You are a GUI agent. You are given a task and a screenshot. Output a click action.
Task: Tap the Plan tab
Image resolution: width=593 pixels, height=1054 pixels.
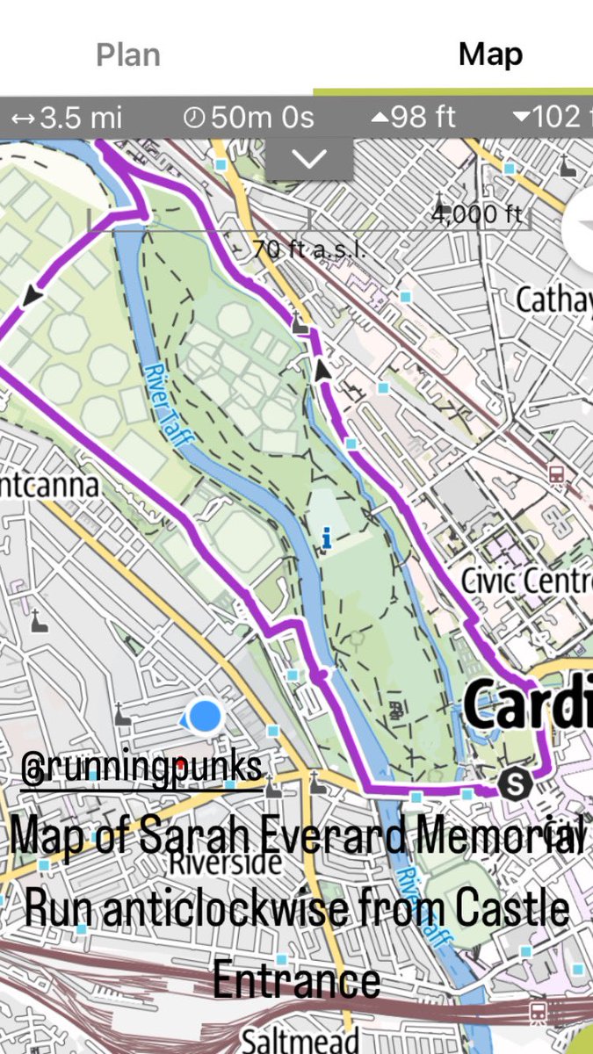pyautogui.click(x=128, y=54)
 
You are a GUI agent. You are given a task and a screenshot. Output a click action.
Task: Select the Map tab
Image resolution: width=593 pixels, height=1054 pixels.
pyautogui.click(x=490, y=54)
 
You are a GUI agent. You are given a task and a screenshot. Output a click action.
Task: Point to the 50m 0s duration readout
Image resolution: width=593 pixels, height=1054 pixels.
pyautogui.click(x=249, y=117)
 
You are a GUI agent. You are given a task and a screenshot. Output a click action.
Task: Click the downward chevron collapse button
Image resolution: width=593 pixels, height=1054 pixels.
pyautogui.click(x=309, y=159)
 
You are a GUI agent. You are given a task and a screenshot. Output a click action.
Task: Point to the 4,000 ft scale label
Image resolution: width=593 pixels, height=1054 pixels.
pyautogui.click(x=477, y=213)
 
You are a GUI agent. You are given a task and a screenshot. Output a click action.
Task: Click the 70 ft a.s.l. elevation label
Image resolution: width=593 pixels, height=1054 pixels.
pyautogui.click(x=307, y=249)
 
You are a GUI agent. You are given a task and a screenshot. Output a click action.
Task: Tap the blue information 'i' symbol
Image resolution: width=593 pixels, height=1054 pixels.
pyautogui.click(x=327, y=538)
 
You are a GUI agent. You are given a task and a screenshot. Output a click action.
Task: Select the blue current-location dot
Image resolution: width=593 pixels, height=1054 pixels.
pyautogui.click(x=205, y=716)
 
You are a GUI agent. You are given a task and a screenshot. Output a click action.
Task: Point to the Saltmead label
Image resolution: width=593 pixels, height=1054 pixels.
pyautogui.click(x=299, y=1040)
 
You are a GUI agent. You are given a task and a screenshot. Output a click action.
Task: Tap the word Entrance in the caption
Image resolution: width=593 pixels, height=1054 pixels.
pyautogui.click(x=297, y=980)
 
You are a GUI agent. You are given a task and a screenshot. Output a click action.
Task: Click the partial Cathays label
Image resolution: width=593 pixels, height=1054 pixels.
pyautogui.click(x=553, y=300)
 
